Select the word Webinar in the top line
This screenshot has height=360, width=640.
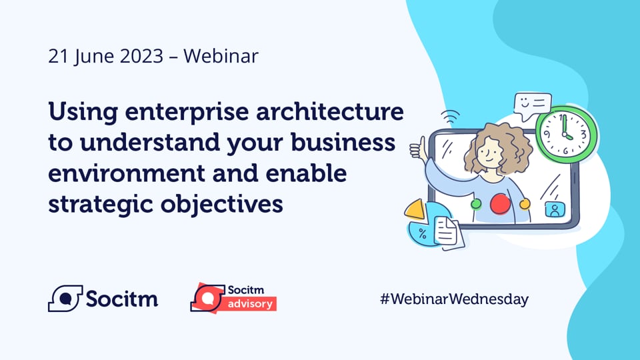coord(221,56)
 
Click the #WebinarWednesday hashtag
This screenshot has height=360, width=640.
coord(453,299)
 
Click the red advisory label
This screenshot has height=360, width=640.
coord(251,304)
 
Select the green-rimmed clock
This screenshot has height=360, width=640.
coord(566,133)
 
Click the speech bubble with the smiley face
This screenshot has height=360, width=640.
coord(533,105)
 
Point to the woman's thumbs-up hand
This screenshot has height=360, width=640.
coord(418,148)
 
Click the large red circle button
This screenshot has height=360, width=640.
coord(500,203)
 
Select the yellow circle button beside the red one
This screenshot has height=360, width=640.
coord(525,203)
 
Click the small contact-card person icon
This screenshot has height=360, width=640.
coord(553,209)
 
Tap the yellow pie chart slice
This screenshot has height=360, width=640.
coord(415,211)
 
